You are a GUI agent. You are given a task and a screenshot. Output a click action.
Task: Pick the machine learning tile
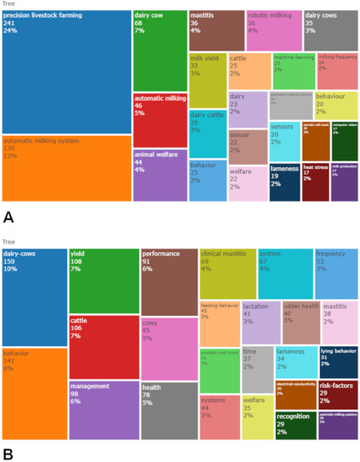[294, 71]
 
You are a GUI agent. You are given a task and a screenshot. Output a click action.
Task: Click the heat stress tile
[315, 183]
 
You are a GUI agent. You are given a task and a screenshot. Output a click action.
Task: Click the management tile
[103, 410]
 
